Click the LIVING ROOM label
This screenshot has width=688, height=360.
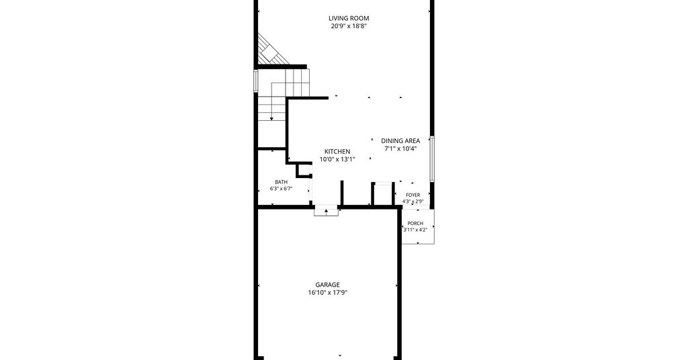point(349,18)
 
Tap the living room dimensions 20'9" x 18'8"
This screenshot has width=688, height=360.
point(349,26)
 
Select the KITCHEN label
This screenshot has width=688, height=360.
point(337,152)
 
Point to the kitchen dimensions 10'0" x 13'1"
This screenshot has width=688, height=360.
point(337,160)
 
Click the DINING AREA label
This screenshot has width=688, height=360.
point(400,141)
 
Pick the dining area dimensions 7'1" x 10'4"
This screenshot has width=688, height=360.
point(400,148)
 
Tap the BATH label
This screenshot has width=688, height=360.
point(282,182)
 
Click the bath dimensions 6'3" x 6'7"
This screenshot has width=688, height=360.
point(282,189)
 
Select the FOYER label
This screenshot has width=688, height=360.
point(413,195)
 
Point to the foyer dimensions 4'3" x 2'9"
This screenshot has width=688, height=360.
point(413,201)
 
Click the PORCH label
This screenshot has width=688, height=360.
point(415,224)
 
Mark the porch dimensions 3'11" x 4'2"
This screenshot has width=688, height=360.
point(415,230)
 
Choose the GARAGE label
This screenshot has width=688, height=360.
point(327,285)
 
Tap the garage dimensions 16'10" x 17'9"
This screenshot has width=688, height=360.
point(327,293)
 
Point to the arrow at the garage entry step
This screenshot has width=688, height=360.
point(327,212)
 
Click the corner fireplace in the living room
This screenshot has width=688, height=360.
point(269,51)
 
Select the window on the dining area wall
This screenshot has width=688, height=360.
point(432,159)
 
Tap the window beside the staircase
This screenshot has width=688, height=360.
point(256,81)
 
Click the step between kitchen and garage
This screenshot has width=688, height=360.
point(327,210)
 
